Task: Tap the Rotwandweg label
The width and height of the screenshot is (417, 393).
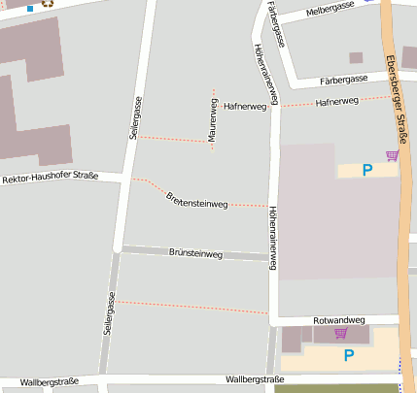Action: [338, 319]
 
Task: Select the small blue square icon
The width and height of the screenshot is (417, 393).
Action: [30, 8]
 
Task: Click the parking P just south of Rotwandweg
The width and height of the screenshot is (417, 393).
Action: [348, 355]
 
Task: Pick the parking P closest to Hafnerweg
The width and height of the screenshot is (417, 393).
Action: [367, 170]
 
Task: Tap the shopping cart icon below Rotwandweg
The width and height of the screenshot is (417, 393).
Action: [340, 334]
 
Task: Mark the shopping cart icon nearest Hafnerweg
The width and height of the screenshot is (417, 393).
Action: [392, 154]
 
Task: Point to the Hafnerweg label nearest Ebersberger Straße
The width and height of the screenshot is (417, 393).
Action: [337, 101]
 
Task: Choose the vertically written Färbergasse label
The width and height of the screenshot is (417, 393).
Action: [277, 24]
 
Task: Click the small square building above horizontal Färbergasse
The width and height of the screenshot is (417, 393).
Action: [356, 57]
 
